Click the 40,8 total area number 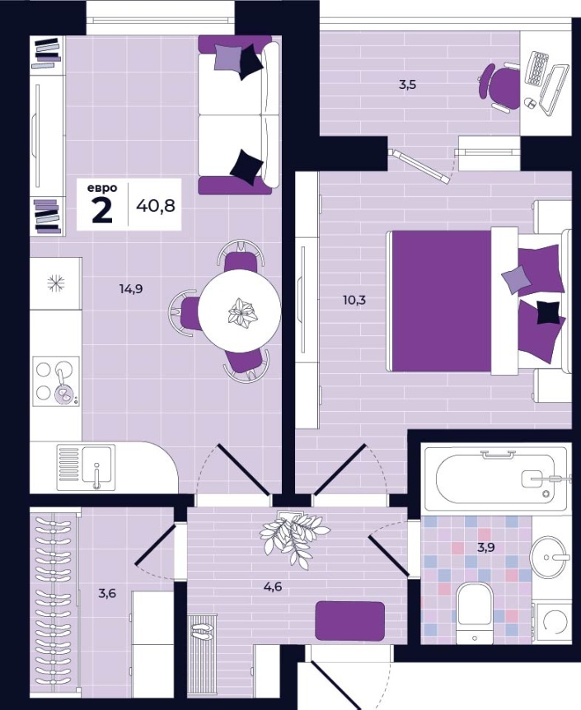click(x=156, y=207)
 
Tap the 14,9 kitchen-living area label click(x=131, y=288)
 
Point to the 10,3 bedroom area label click(x=354, y=300)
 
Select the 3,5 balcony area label click(x=407, y=85)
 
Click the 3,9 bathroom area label click(x=486, y=547)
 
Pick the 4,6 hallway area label click(x=273, y=586)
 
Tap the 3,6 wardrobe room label click(x=107, y=592)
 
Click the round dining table click(x=239, y=311)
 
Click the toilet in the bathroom click(x=474, y=613)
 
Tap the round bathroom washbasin click(x=551, y=556)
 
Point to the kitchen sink click(x=86, y=467)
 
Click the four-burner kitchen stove click(x=56, y=380)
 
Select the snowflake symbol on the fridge click(x=56, y=283)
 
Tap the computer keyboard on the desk click(x=537, y=68)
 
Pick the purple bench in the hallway click(x=350, y=621)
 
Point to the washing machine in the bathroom click(x=552, y=623)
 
